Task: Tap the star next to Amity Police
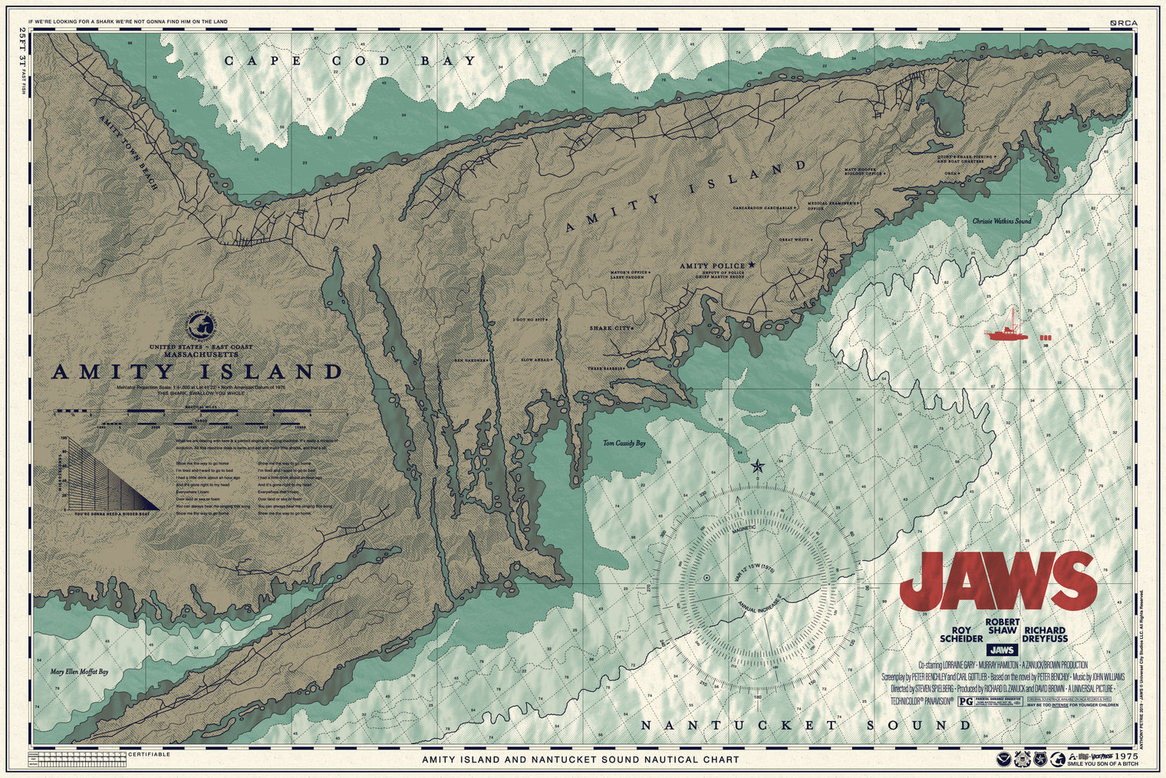pos(752,265)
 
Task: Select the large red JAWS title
pos(998,581)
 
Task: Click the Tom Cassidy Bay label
pos(624,443)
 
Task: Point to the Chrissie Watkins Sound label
pos(1002,221)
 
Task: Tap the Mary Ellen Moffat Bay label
pos(79,671)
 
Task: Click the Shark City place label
pos(611,328)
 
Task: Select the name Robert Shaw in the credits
pos(1002,626)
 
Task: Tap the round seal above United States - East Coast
pos(202,326)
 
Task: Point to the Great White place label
pos(795,239)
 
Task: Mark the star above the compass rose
pos(758,466)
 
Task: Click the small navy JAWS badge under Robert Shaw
pos(1002,649)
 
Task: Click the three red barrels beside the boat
pos(1045,338)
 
